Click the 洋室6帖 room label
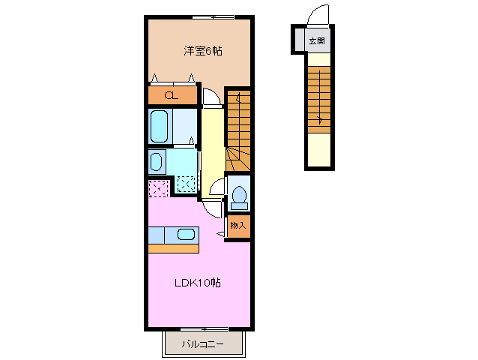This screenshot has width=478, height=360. pos(203,51)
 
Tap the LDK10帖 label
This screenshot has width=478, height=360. pos(198,283)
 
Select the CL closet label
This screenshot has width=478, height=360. pos(171,96)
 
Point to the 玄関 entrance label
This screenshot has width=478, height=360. pos(317,40)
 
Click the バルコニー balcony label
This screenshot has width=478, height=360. pos(203,344)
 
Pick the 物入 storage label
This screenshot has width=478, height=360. pos(238,226)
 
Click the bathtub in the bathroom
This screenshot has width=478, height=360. pos(160,126)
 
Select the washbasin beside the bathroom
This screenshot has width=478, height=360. pos(157,162)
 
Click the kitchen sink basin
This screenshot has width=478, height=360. pos(186,234)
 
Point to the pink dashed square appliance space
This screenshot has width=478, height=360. pos(159,188)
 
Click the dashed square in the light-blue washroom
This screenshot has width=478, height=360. pos(187,184)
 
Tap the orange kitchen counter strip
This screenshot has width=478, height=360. pos(174,248)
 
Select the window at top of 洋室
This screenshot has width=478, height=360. pos(214,17)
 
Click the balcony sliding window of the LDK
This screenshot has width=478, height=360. pos(205,329)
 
